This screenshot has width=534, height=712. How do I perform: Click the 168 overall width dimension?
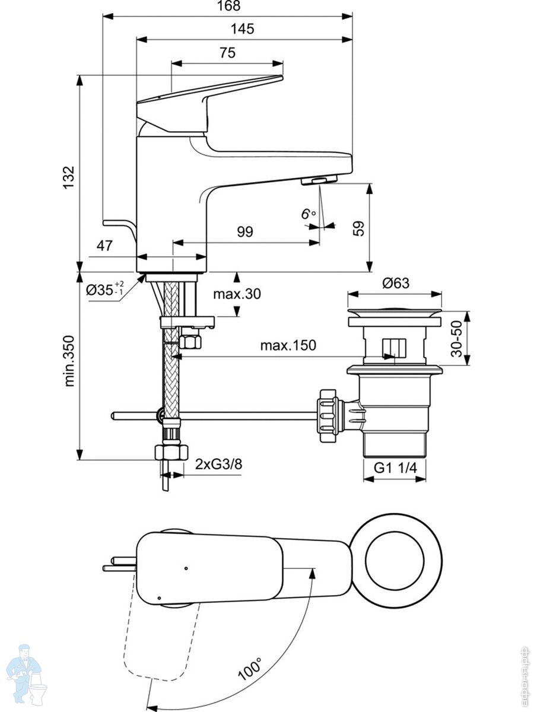click(229, 5)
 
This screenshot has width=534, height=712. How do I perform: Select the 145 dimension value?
click(242, 29)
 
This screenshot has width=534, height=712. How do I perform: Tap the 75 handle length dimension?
click(227, 53)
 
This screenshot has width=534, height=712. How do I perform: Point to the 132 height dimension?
click(69, 177)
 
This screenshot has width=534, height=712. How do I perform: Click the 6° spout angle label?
click(308, 214)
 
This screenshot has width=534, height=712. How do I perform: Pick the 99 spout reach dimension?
click(245, 231)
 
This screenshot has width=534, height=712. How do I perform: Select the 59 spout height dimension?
click(358, 228)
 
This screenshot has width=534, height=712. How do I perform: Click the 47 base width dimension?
click(104, 246)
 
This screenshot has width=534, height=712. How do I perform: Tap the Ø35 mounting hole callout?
click(105, 289)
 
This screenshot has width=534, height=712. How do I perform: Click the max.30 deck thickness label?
click(237, 294)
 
